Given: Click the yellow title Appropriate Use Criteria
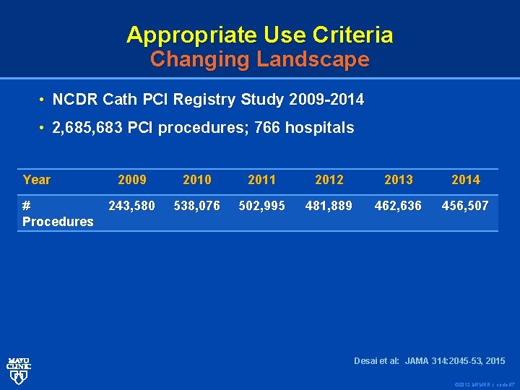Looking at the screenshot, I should [259, 34].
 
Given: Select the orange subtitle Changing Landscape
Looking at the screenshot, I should [259, 59].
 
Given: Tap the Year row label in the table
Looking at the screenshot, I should [37, 180].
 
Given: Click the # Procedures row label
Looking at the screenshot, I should [58, 214].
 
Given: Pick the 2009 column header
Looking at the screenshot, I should [131, 180].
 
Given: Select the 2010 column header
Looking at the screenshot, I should [197, 180].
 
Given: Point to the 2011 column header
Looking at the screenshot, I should [261, 180].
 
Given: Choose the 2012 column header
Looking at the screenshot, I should [329, 180].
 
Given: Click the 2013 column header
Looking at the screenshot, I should [398, 180].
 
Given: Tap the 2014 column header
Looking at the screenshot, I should [465, 180].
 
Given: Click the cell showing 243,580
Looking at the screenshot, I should [131, 206].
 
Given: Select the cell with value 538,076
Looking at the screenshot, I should [197, 206].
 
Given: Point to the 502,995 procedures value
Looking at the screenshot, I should [261, 206].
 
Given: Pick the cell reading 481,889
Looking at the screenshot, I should [329, 206].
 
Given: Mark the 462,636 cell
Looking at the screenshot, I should [398, 206].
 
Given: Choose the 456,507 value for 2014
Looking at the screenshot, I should [465, 206].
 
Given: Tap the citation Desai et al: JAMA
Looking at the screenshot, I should [429, 360].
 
